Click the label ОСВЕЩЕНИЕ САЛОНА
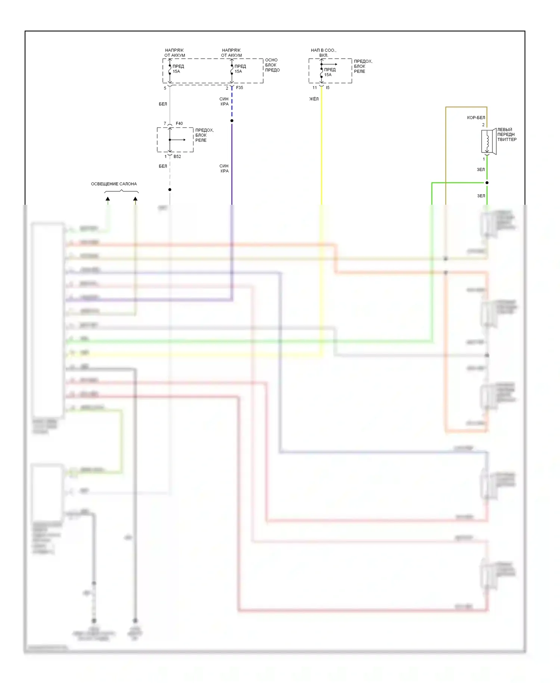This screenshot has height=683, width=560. (114, 184)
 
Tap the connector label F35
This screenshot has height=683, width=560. (239, 88)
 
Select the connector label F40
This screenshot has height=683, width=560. (179, 123)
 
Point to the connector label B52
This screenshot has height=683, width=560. (177, 157)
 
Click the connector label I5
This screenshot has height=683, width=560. (328, 88)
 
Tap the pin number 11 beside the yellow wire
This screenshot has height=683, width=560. (315, 88)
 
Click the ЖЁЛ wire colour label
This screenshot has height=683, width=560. (314, 99)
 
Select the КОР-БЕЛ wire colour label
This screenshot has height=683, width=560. (476, 118)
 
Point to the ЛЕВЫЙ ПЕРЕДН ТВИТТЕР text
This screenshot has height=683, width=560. (507, 135)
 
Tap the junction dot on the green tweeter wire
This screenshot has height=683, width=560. (487, 183)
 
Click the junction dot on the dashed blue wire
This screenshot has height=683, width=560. (232, 121)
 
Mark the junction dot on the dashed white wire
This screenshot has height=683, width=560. (170, 189)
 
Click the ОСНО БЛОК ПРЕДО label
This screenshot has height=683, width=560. (272, 65)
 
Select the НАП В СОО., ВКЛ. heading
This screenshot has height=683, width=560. (323, 53)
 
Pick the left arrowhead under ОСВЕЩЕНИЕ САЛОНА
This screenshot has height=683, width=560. (108, 199)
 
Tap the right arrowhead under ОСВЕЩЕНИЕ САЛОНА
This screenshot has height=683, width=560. (136, 199)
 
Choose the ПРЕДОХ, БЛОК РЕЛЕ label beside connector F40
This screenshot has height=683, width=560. (204, 135)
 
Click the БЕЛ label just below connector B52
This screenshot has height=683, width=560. (163, 166)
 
